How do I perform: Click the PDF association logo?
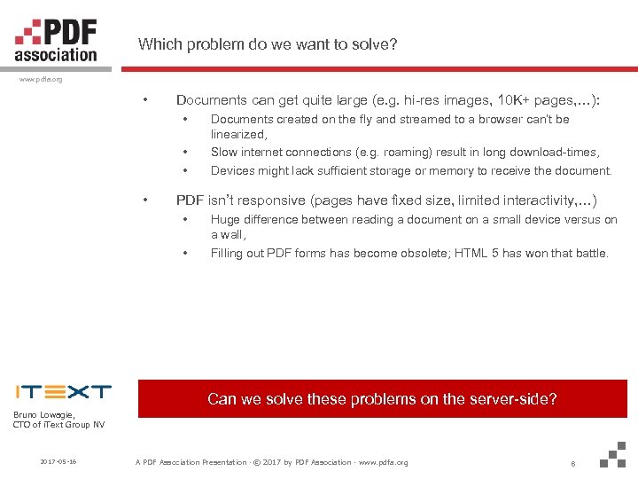click(x=56, y=41)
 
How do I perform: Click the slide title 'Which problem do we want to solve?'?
click(x=268, y=44)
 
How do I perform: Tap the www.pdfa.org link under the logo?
click(x=41, y=79)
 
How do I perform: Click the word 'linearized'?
click(x=237, y=135)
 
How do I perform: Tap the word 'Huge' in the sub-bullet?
click(x=226, y=219)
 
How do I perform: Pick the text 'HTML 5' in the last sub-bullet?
click(x=478, y=254)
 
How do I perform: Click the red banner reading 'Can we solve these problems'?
click(x=382, y=399)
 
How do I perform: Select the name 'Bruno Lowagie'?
click(x=44, y=414)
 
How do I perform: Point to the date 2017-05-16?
click(x=58, y=462)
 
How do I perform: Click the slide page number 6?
click(x=574, y=463)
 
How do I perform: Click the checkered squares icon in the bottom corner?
click(x=613, y=454)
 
